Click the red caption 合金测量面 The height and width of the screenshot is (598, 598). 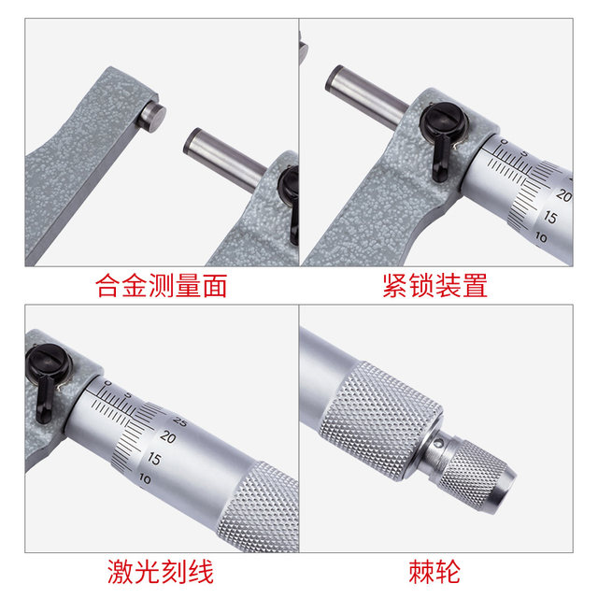[x=162, y=285]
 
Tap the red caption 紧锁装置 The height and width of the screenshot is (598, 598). [x=434, y=285]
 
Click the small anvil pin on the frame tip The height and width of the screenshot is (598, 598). [x=152, y=116]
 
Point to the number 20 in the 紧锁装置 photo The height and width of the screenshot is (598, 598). [x=562, y=196]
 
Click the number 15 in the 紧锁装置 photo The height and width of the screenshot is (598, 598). [x=551, y=218]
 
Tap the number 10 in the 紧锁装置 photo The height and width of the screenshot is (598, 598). [x=541, y=238]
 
